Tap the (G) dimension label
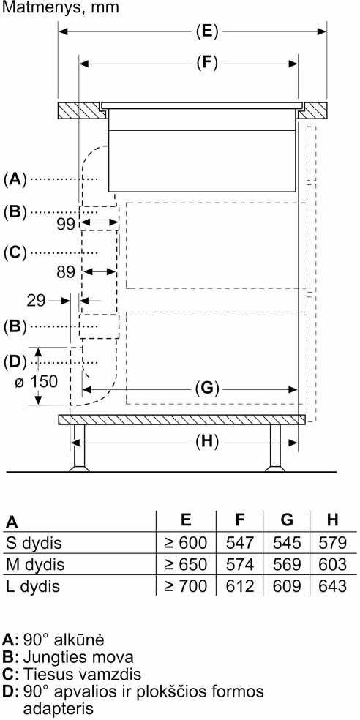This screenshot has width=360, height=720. pyautogui.click(x=206, y=389)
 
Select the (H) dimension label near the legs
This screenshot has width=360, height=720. pyautogui.click(x=206, y=442)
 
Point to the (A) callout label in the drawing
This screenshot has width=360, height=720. pyautogui.click(x=15, y=179)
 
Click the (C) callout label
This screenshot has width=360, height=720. pyautogui.click(x=15, y=253)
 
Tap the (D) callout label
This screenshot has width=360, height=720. pyautogui.click(x=15, y=362)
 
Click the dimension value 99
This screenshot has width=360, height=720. pyautogui.click(x=66, y=224)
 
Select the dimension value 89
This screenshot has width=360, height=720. pyautogui.click(x=66, y=272)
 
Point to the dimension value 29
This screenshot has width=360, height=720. pyautogui.click(x=37, y=301)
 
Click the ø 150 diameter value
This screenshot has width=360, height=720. pyautogui.click(x=36, y=381)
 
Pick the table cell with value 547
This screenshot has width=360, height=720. pyautogui.click(x=240, y=543)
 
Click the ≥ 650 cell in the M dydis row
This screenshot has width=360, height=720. pyautogui.click(x=186, y=564)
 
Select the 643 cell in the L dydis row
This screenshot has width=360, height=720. pyautogui.click(x=332, y=586)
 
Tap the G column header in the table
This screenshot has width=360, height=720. pyautogui.click(x=287, y=520)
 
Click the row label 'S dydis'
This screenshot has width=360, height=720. pyautogui.click(x=34, y=544)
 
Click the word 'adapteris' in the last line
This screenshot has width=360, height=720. pyautogui.click(x=59, y=708)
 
